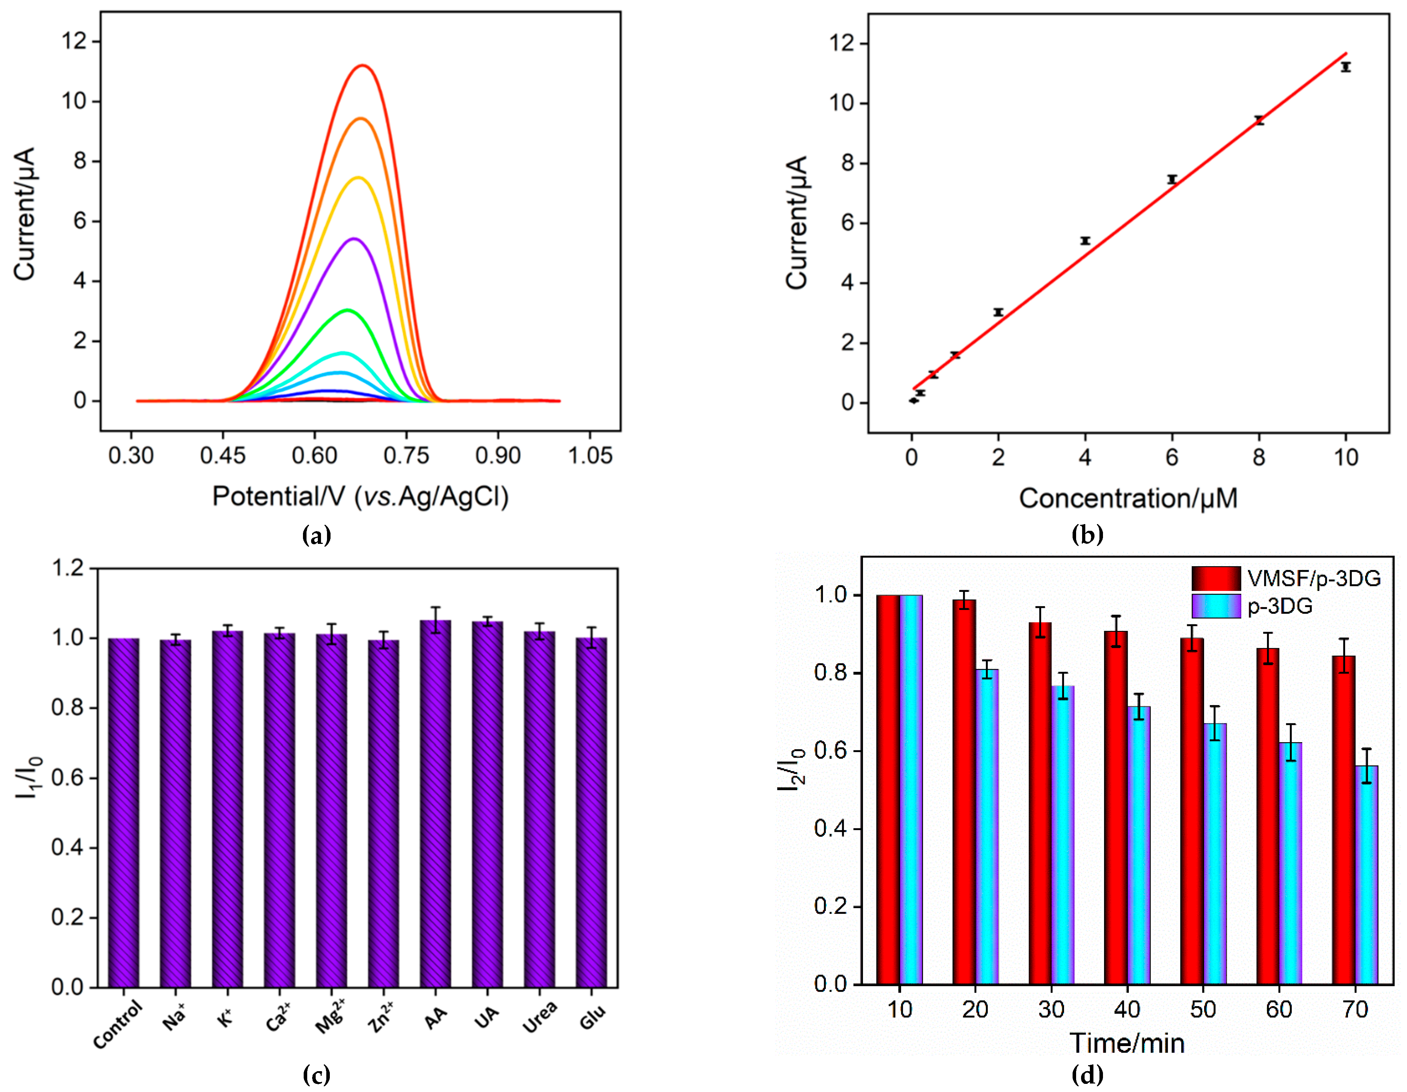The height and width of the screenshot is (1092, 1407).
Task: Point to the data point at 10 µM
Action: point(1345,67)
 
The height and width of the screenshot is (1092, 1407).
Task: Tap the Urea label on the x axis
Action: point(540,1017)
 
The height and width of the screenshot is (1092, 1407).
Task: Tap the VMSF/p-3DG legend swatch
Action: point(1216,578)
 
